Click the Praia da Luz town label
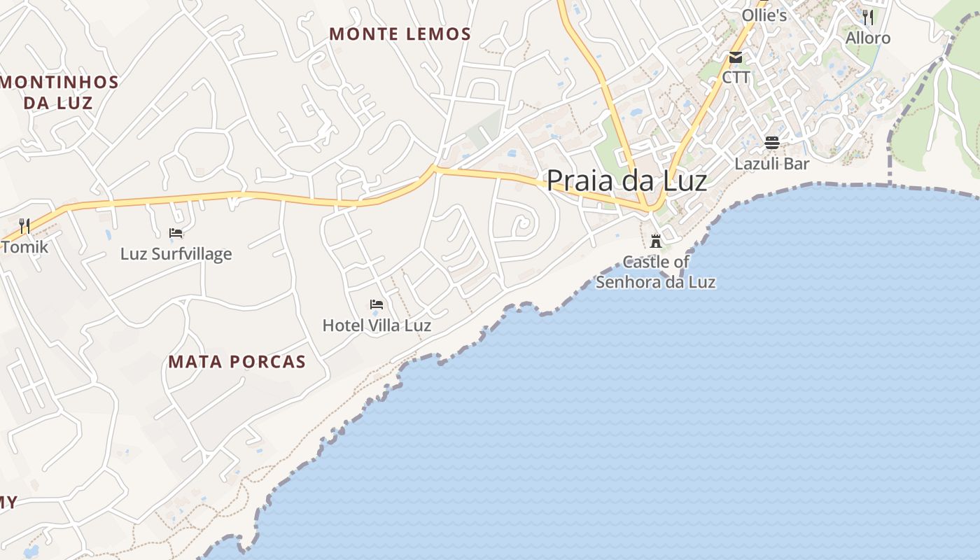pyautogui.click(x=626, y=181)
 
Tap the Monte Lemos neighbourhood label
pyautogui.click(x=400, y=34)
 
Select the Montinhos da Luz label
pyautogui.click(x=59, y=92)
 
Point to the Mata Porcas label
pyautogui.click(x=237, y=361)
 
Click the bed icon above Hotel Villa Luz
pyautogui.click(x=377, y=304)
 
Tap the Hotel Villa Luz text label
pyautogui.click(x=377, y=325)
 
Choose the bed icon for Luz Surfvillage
pyautogui.click(x=176, y=232)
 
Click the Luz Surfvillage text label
pyautogui.click(x=176, y=253)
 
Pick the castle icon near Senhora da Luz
pyautogui.click(x=656, y=241)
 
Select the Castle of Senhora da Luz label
pyautogui.click(x=656, y=272)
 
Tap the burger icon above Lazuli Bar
pyautogui.click(x=772, y=143)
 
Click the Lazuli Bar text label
pyautogui.click(x=772, y=164)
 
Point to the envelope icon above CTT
pyautogui.click(x=736, y=57)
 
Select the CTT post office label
pyautogui.click(x=736, y=77)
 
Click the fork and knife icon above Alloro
pyautogui.click(x=868, y=17)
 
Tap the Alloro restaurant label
pyautogui.click(x=868, y=38)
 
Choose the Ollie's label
pyautogui.click(x=764, y=15)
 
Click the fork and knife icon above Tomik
pyautogui.click(x=24, y=225)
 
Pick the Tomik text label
pyautogui.click(x=25, y=246)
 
